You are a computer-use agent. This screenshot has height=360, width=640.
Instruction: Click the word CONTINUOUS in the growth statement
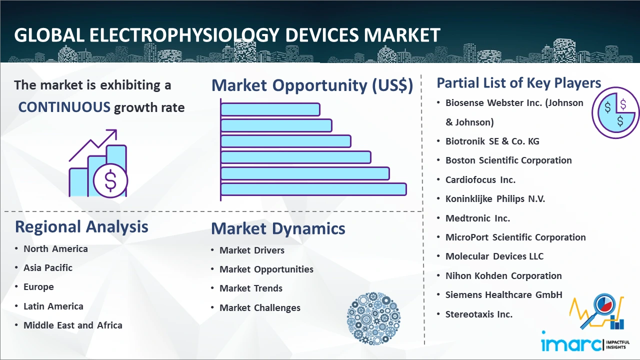click(x=64, y=107)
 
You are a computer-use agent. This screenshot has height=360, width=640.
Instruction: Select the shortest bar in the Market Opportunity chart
click(x=270, y=109)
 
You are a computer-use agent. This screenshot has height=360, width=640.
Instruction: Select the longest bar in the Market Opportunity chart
click(x=313, y=189)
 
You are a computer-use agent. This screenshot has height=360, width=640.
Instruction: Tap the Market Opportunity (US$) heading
click(x=312, y=85)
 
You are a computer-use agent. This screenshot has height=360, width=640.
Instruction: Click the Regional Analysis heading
click(x=81, y=227)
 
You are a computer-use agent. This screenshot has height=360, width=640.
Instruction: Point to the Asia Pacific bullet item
click(x=48, y=267)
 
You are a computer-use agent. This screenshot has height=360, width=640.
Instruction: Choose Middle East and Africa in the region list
click(x=73, y=325)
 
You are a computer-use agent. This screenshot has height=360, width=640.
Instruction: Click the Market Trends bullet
click(x=251, y=288)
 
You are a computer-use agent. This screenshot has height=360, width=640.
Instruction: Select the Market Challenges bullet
click(x=260, y=307)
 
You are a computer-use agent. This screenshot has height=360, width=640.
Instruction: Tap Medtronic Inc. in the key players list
click(x=477, y=218)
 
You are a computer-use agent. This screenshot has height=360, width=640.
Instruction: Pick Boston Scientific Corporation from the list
click(x=508, y=160)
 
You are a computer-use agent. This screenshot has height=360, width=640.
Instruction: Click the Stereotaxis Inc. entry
click(x=479, y=314)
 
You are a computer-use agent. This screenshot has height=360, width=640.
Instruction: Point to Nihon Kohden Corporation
click(x=503, y=275)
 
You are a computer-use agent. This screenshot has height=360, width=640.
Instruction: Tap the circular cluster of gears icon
click(x=373, y=318)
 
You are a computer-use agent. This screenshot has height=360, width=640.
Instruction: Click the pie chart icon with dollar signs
click(x=615, y=113)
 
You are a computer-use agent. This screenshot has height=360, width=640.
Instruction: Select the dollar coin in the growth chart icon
click(x=110, y=180)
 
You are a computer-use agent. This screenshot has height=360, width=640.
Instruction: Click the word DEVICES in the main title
click(x=321, y=35)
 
